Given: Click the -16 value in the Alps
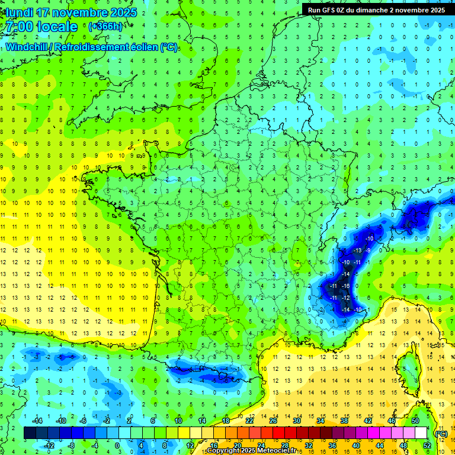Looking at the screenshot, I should [346, 286].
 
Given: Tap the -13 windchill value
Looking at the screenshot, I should [357, 250].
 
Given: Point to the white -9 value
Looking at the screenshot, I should [369, 250].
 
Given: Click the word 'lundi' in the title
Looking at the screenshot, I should [19, 12].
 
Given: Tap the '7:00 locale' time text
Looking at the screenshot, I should [40, 27].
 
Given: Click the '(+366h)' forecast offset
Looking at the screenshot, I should [106, 27].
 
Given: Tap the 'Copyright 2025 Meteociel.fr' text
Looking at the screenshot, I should [251, 451].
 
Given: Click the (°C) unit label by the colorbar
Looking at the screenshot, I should [441, 434].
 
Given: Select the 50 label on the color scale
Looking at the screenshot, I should [415, 421].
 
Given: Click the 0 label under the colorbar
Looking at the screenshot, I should [117, 446].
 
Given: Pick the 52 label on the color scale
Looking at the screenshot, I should [427, 446].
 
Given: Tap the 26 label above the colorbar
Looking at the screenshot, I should [273, 421].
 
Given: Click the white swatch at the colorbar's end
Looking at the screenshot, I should [421, 433].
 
